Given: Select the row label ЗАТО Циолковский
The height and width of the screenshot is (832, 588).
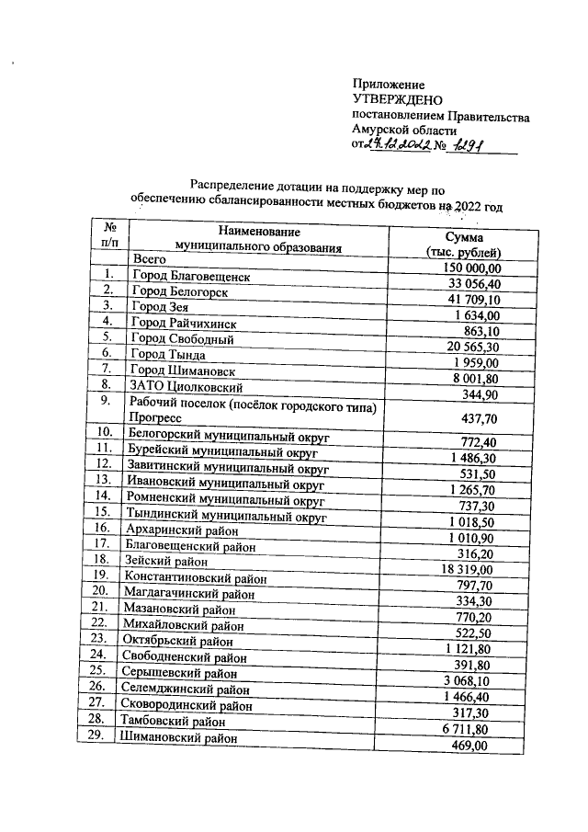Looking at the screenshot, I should point(187,386).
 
